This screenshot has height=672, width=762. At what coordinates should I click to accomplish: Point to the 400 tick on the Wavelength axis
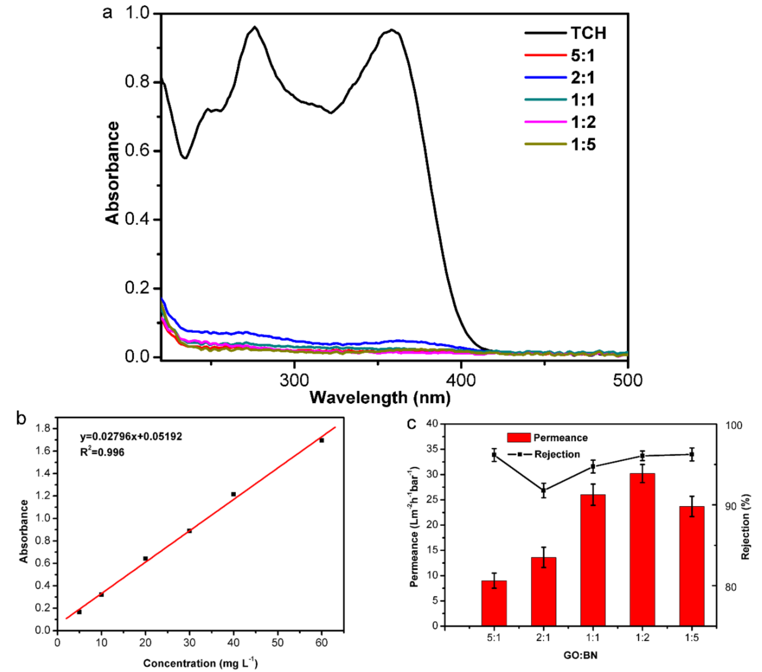461,380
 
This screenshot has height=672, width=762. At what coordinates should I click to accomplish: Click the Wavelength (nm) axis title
380,398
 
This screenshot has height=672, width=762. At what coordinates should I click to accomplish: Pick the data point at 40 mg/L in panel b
233,494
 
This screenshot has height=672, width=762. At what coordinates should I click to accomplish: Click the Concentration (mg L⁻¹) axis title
200,663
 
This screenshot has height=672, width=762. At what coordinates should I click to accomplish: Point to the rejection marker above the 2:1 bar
544,490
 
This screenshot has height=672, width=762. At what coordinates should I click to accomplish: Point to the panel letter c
411,424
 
